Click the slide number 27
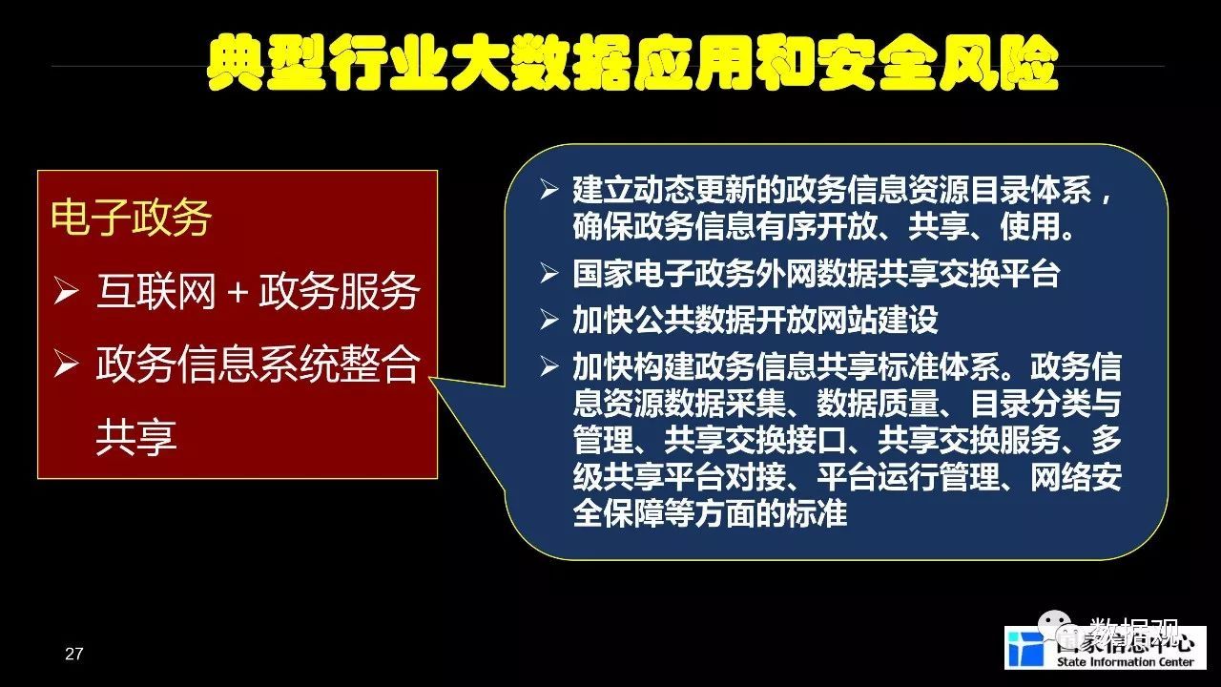[73, 654]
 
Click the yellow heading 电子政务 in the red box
[131, 218]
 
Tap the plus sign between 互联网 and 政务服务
[238, 293]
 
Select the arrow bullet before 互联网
[66, 291]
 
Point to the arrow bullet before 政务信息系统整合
[66, 364]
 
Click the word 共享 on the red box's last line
[136, 437]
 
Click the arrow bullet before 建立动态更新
[548, 190]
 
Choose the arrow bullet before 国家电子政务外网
[548, 273]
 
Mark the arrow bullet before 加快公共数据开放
[548, 320]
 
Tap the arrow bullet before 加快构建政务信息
[548, 366]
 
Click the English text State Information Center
[1125, 662]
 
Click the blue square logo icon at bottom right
[1025, 649]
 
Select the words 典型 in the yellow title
[266, 62]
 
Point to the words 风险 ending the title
[999, 62]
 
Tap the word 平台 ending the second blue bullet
[1029, 273]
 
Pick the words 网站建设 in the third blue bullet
[877, 320]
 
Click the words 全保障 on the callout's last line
[619, 513]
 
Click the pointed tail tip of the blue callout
[430, 377]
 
